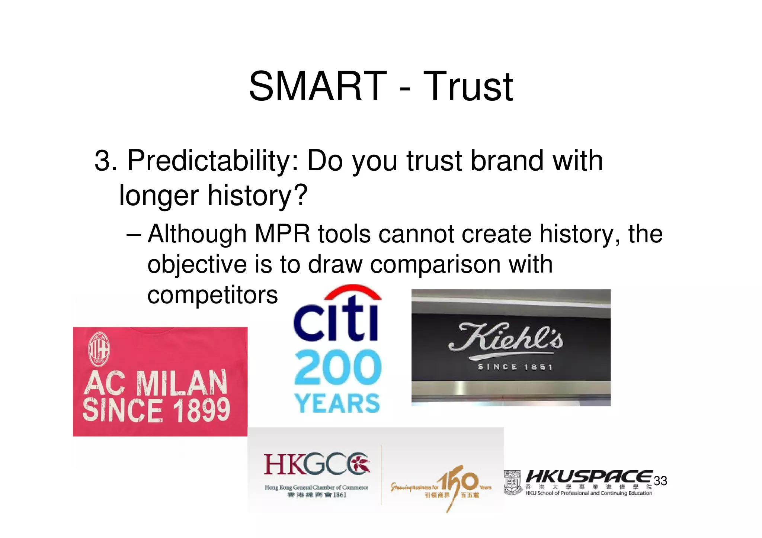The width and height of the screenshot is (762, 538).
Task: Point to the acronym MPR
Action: (x=282, y=234)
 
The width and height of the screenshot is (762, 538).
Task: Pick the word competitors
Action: (x=212, y=295)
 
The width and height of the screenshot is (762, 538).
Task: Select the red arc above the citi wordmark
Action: (x=352, y=291)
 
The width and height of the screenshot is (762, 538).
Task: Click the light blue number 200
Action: (x=337, y=367)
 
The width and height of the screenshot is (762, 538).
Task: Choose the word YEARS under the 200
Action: (x=337, y=403)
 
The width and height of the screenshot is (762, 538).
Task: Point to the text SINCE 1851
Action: (x=515, y=367)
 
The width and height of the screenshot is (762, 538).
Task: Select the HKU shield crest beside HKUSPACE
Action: (x=513, y=482)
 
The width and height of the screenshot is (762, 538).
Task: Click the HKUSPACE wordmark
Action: (x=589, y=476)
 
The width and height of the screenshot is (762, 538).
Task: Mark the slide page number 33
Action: (x=660, y=481)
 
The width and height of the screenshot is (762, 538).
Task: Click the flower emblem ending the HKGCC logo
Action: (x=359, y=464)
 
